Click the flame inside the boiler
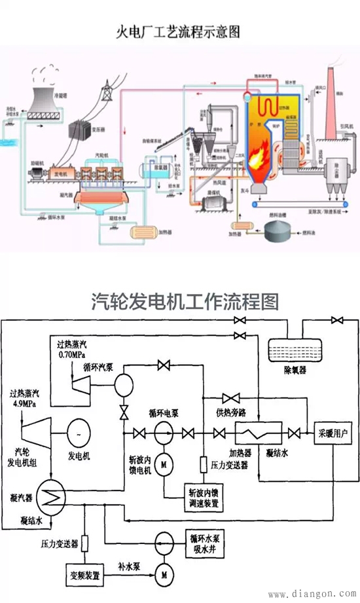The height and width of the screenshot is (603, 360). coord(260,155)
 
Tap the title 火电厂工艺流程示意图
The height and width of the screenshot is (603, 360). coord(179,31)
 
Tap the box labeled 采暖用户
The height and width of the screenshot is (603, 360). coord(334,433)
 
